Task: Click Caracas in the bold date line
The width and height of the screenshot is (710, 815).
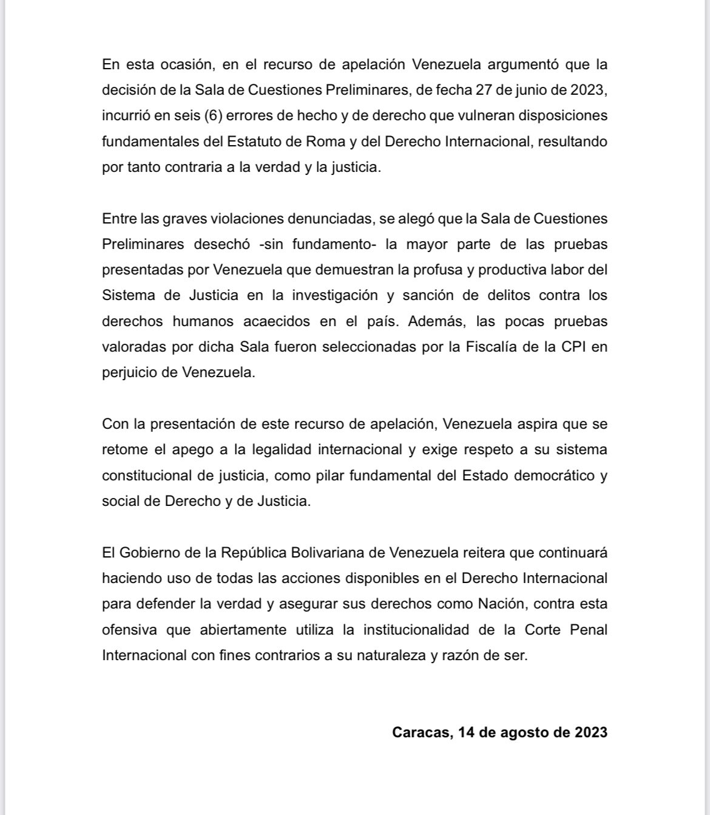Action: click(x=421, y=732)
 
